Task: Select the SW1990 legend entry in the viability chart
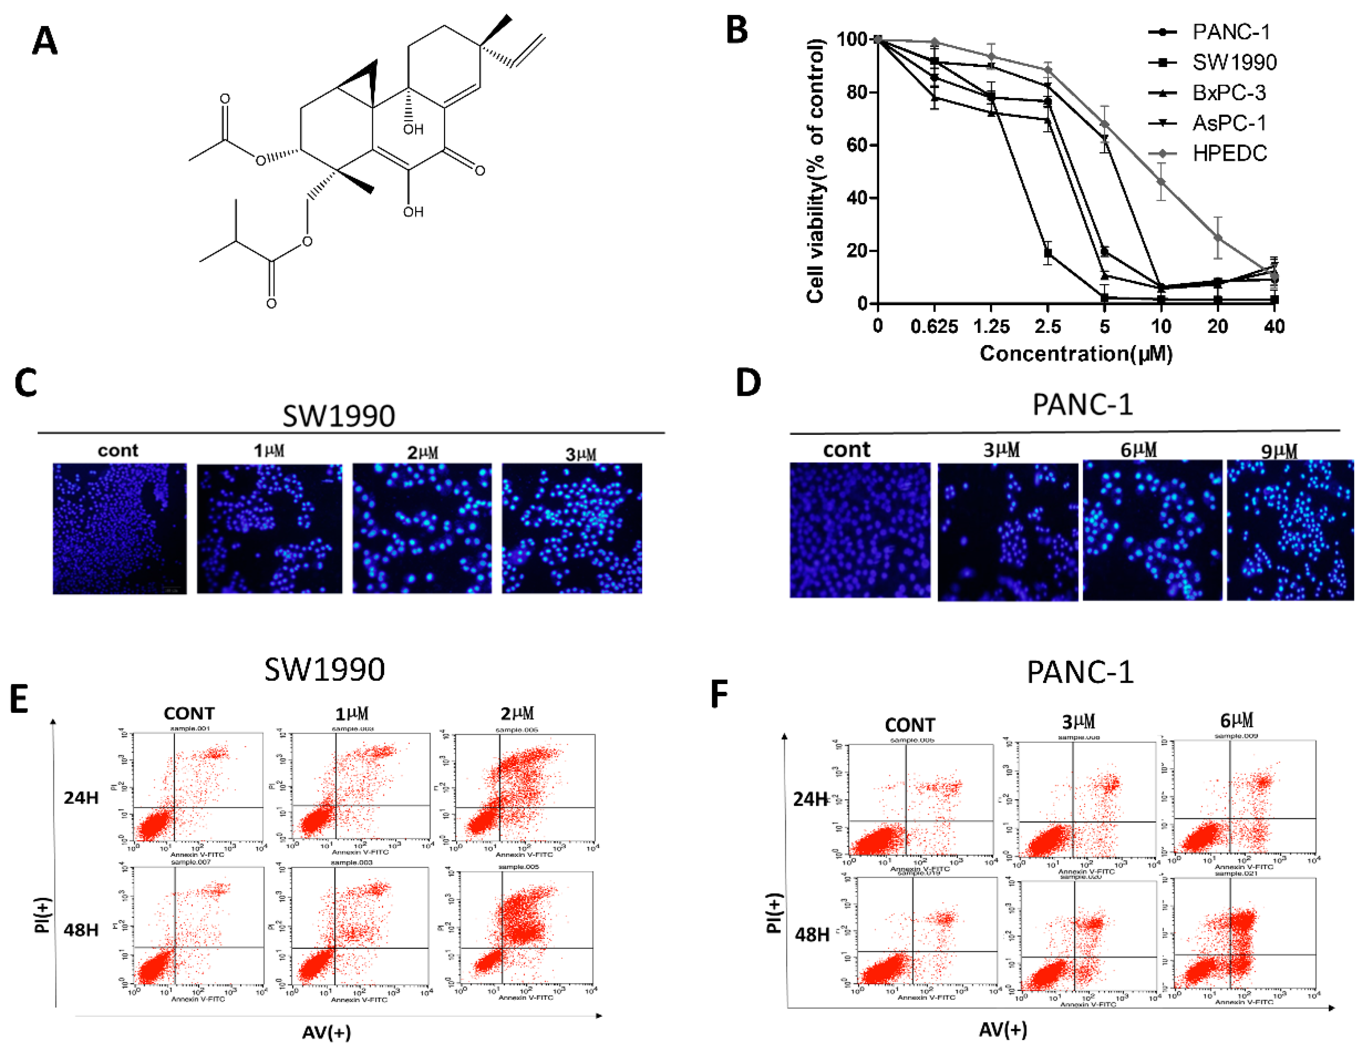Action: pos(1233,63)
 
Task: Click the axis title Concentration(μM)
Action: pos(1075,354)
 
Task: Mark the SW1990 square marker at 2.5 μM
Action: pos(1048,253)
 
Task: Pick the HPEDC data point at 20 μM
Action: pos(1218,238)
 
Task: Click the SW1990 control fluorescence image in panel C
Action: pos(119,529)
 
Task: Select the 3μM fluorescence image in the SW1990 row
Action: pos(571,529)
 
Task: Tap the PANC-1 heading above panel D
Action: pos(1082,405)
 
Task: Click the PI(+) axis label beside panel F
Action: pos(774,913)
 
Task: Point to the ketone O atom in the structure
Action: pos(480,170)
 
